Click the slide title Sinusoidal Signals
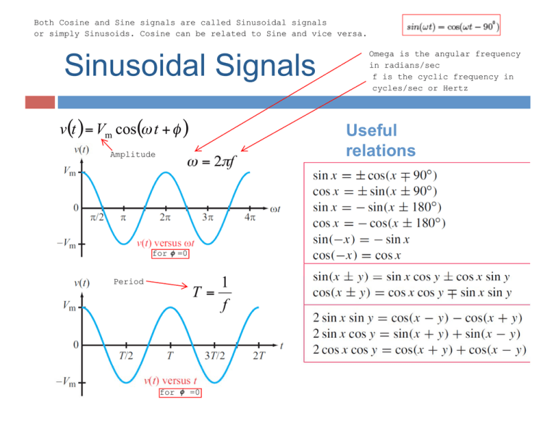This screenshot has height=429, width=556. coord(190,66)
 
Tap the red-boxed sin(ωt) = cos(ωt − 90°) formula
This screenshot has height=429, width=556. coord(452,27)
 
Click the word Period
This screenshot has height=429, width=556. coord(128,281)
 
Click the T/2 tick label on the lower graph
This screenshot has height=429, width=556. coord(125,356)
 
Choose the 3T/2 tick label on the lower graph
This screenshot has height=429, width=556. coord(214,356)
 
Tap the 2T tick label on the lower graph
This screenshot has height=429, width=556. coord(258,356)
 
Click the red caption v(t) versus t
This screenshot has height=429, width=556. coord(172,381)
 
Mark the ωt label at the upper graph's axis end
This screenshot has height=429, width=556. coord(275,210)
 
